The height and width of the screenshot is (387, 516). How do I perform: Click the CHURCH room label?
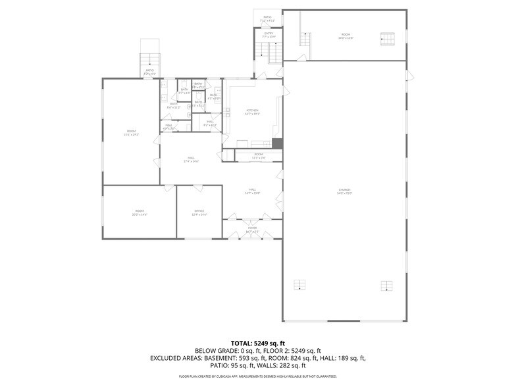pyautogui.click(x=345, y=192)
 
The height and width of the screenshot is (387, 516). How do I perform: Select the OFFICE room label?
pyautogui.click(x=199, y=212)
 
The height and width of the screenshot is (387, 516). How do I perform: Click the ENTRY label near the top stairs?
pyautogui.click(x=269, y=35)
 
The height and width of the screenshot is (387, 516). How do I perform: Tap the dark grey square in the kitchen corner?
pyautogui.click(x=277, y=143)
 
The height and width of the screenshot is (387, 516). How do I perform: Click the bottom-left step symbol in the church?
pyautogui.click(x=299, y=285)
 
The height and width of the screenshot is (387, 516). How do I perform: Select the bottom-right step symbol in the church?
pyautogui.click(x=386, y=285)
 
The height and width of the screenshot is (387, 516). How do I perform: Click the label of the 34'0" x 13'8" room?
pyautogui.click(x=346, y=36)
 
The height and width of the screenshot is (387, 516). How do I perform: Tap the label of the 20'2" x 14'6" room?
pyautogui.click(x=140, y=212)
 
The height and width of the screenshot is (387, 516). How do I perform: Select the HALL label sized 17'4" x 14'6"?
pyautogui.click(x=191, y=159)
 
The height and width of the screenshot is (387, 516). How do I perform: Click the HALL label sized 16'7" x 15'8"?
pyautogui.click(x=253, y=191)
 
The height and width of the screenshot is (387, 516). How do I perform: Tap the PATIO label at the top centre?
pyautogui.click(x=267, y=18)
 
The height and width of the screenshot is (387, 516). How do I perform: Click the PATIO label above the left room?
pyautogui.click(x=149, y=72)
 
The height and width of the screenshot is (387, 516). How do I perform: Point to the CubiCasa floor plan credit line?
pyautogui.click(x=258, y=376)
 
